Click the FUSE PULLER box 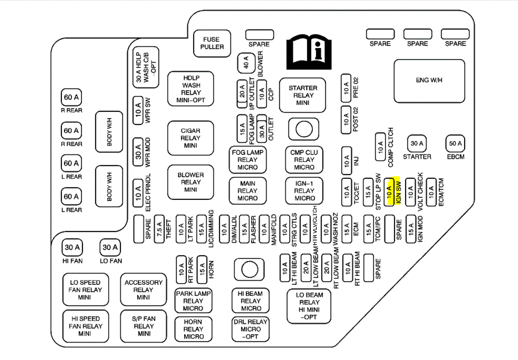212,43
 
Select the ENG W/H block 429,80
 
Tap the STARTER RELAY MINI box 303,95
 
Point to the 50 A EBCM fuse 455,143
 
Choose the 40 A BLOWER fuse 246,64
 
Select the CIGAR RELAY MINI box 190,138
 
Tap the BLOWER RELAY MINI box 190,182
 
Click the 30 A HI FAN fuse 72,248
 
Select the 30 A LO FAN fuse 110,248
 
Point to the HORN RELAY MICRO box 193,329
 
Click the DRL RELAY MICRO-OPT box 250,329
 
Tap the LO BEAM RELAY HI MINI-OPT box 309,306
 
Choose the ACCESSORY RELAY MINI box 143,290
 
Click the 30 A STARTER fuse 416,143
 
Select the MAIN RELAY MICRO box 248,191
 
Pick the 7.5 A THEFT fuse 160,228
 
